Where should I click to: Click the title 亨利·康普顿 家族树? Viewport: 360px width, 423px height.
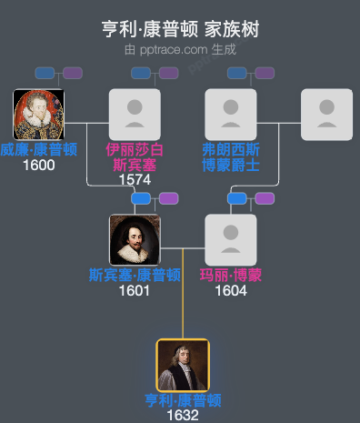(180, 29)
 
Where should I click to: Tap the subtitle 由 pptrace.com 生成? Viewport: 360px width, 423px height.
(180, 49)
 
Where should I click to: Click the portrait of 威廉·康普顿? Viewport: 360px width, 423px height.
(38, 115)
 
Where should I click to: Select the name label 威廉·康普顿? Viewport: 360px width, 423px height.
(38, 150)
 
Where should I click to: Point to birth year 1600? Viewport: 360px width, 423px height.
(38, 165)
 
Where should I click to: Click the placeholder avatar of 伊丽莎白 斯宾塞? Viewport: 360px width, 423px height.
(135, 115)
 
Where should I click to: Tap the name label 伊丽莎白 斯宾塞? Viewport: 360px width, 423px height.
(135, 156)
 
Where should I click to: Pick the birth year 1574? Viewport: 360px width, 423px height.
(135, 179)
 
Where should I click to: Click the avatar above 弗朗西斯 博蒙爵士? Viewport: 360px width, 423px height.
(231, 115)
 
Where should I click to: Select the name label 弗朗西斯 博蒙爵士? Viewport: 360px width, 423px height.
(231, 156)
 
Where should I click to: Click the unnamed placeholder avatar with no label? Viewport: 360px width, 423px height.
(327, 115)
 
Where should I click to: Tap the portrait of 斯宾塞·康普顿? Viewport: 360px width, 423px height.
(135, 240)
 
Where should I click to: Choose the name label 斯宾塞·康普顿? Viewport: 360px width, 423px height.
(135, 276)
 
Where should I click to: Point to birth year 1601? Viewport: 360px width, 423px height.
(135, 291)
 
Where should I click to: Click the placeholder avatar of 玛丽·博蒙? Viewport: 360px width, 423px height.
(231, 240)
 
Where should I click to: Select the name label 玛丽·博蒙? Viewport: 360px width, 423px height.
(231, 276)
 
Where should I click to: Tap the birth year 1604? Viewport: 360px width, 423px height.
(231, 291)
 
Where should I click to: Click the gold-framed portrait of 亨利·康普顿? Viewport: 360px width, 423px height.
(183, 366)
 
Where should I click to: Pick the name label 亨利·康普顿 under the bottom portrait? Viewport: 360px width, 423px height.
(183, 400)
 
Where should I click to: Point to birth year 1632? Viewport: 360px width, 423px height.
(183, 416)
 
